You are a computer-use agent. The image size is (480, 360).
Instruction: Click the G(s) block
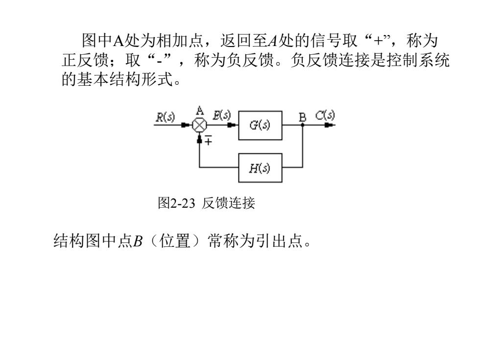(260, 125)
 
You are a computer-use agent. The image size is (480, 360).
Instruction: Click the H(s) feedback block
(260, 168)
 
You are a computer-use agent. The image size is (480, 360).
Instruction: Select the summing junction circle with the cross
(199, 125)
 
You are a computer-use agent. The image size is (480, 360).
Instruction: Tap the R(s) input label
(166, 117)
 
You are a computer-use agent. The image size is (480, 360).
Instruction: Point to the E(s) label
(221, 115)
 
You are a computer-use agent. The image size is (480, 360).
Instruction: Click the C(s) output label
(325, 115)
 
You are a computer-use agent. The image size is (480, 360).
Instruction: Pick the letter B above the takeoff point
(303, 117)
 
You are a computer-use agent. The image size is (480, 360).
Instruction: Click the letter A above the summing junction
(200, 111)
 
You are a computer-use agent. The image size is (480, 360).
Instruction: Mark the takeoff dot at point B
(303, 125)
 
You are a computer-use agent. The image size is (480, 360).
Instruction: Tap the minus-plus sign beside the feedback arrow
(208, 140)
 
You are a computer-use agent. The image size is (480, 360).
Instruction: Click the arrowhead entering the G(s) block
(232, 125)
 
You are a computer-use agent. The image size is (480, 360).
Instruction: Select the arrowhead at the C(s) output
(329, 125)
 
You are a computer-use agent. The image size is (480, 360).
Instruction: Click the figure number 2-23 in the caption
(182, 203)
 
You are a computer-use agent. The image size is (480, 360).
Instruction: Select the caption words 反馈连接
(228, 203)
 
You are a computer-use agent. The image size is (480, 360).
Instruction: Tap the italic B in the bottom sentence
(138, 240)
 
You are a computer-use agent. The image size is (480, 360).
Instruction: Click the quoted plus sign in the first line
(379, 40)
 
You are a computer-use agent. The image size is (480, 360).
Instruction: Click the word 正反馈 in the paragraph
(85, 60)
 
